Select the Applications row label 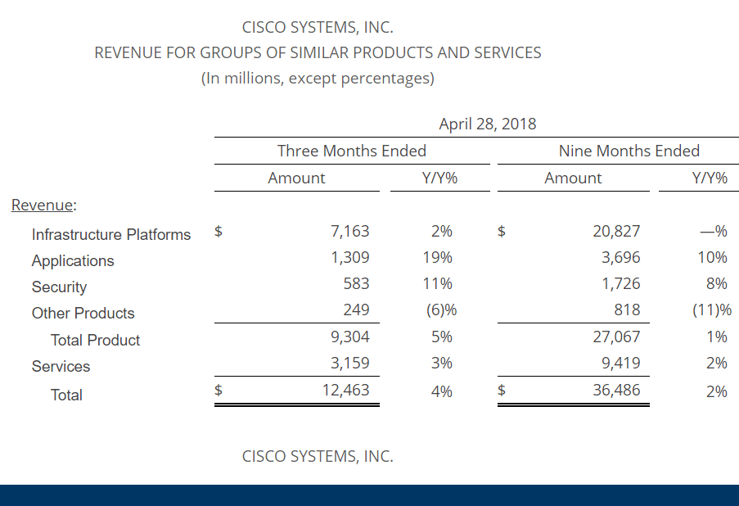(x=73, y=261)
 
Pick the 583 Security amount (x=356, y=284)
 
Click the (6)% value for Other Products (x=443, y=310)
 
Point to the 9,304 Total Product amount (x=349, y=337)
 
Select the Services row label (x=61, y=367)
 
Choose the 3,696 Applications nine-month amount (x=620, y=258)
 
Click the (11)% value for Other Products (x=711, y=310)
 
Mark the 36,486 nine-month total (x=616, y=391)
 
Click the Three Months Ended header (x=352, y=151)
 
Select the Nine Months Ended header (x=629, y=151)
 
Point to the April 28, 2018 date (x=488, y=124)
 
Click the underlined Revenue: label (x=43, y=205)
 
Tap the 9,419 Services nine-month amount (x=620, y=363)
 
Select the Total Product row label (x=95, y=341)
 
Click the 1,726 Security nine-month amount (x=620, y=284)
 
